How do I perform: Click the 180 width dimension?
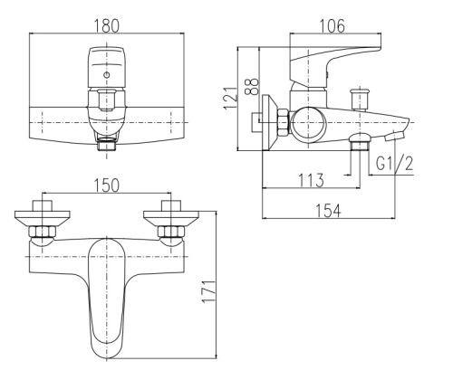click(107, 26)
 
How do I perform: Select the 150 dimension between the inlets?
click(107, 185)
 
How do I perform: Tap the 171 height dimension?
click(208, 291)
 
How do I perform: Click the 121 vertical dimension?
click(231, 98)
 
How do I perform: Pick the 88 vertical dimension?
click(252, 87)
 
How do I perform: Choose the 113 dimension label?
click(311, 180)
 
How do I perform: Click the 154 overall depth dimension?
click(328, 211)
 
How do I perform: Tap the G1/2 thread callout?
click(394, 165)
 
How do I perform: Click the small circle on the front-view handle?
click(107, 75)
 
